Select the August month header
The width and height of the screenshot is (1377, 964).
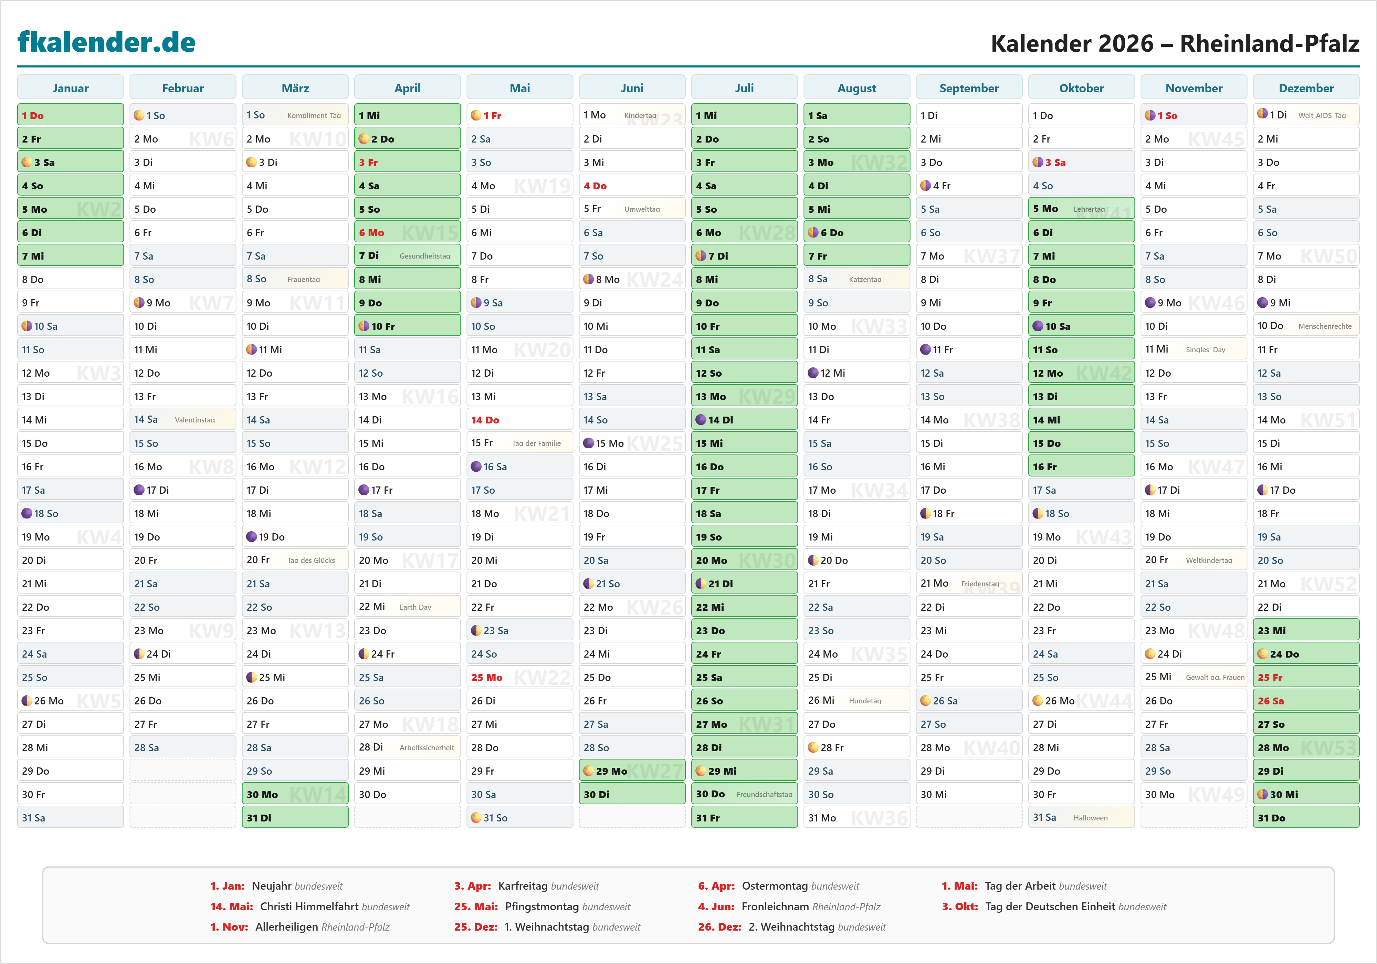856,88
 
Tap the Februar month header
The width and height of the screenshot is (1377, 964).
183,88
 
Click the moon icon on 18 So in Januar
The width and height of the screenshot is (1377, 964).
27,513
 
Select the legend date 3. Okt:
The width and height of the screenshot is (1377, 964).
959,907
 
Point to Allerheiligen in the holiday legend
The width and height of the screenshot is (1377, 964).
286,927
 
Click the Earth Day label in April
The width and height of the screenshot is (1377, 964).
415,607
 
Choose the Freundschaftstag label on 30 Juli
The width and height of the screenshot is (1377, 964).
764,794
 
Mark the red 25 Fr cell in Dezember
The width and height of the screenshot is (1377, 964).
1306,677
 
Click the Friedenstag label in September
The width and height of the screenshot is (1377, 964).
980,584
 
